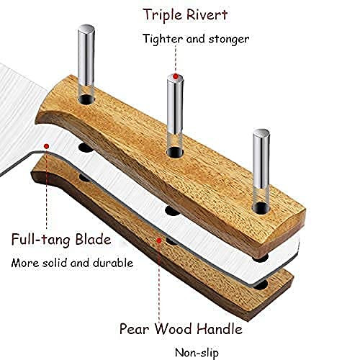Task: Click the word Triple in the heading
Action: (x=163, y=15)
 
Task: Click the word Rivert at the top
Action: (x=207, y=14)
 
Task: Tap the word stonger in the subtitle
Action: (x=229, y=40)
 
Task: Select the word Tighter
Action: (x=163, y=39)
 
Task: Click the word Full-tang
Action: (x=41, y=240)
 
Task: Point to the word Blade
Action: (x=93, y=239)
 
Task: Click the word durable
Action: (x=113, y=263)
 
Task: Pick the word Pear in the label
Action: (x=134, y=328)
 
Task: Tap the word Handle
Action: (x=220, y=328)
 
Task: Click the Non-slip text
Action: (x=197, y=353)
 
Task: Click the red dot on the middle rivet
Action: (x=176, y=76)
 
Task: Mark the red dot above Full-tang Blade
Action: (x=47, y=146)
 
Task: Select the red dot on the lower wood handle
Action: (x=159, y=240)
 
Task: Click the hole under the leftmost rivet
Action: (x=86, y=99)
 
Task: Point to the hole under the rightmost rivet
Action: (x=261, y=208)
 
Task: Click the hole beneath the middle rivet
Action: (x=175, y=152)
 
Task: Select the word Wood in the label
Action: (x=173, y=328)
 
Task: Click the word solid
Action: (x=55, y=263)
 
